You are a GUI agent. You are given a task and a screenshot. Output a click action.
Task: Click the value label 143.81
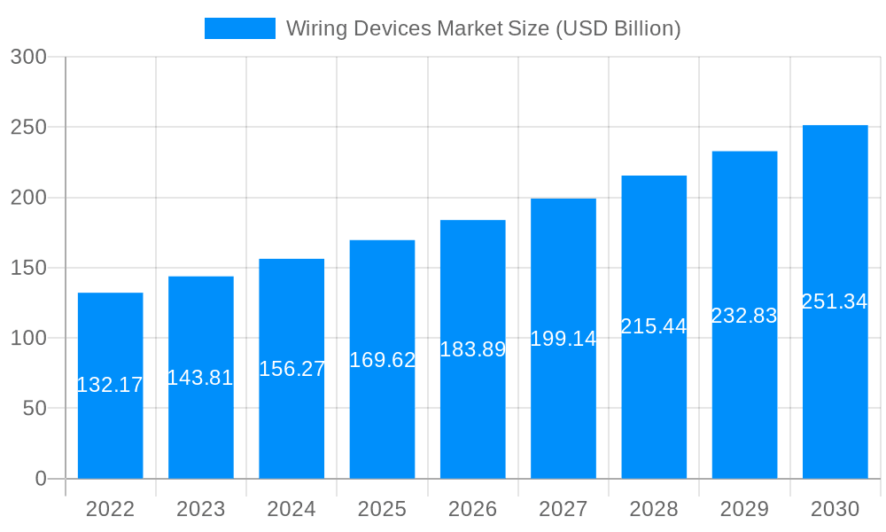pos(200,378)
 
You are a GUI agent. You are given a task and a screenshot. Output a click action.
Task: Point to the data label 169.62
pos(383,360)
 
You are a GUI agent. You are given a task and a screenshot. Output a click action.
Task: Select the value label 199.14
pos(563,339)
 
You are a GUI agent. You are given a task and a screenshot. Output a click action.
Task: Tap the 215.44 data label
pos(654,326)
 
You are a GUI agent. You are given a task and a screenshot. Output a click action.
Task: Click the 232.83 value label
pos(744,316)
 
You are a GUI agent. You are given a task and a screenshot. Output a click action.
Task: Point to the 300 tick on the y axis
pos(28,57)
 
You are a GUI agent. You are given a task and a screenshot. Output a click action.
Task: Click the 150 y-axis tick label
pos(28,268)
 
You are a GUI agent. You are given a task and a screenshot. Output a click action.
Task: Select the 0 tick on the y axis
pos(40,479)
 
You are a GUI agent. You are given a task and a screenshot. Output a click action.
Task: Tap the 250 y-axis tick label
pos(28,127)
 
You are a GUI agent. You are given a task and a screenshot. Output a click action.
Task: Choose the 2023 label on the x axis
pos(201,509)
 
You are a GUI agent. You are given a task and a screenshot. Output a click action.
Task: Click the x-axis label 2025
pos(382,509)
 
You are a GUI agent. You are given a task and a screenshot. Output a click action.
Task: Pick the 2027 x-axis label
pos(563,509)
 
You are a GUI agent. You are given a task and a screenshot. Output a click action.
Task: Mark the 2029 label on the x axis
pos(744,509)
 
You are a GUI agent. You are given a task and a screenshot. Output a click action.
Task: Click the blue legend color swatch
pos(240,28)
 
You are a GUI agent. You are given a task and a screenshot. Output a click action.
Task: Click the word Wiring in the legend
pos(317,28)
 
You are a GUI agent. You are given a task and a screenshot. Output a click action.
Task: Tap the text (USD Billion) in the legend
pos(618,28)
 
